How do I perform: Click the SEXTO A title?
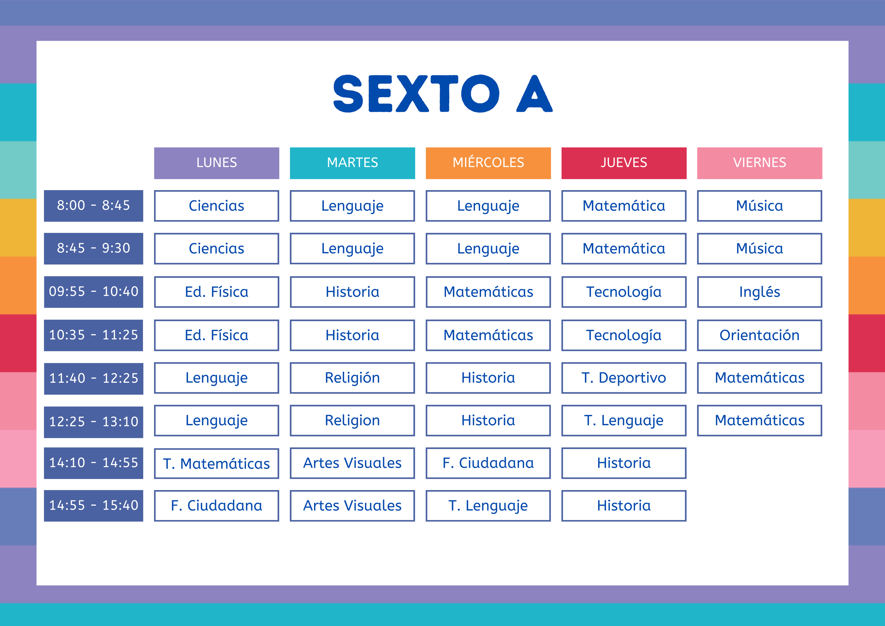pos(442,94)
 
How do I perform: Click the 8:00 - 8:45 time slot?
pos(93,206)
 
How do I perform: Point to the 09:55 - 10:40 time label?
pos(93,292)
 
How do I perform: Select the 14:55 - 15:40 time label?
pos(93,506)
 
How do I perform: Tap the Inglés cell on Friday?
pos(759,292)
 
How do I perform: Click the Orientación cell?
pos(759,335)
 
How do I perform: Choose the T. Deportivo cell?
pos(624,378)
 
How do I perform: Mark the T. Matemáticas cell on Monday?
pos(217,463)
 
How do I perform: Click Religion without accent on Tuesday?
pos(352,421)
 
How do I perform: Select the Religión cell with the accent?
pos(352,378)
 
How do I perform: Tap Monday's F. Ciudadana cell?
pos(217,506)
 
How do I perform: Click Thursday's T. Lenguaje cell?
pos(624,421)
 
